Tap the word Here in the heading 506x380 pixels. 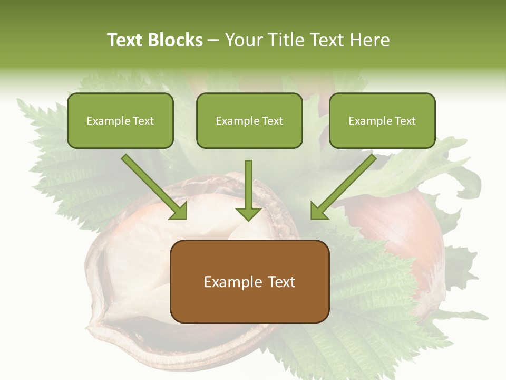click(369, 40)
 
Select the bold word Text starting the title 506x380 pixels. click(125, 40)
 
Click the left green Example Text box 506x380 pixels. click(120, 120)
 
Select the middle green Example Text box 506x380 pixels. click(249, 120)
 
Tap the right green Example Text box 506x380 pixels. click(382, 120)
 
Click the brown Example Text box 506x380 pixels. click(249, 281)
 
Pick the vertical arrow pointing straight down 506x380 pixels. click(248, 185)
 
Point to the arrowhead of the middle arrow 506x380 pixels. click(248, 214)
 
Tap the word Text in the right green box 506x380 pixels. click(405, 120)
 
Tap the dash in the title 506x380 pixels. click(213, 40)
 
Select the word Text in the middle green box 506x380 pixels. click(272, 120)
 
